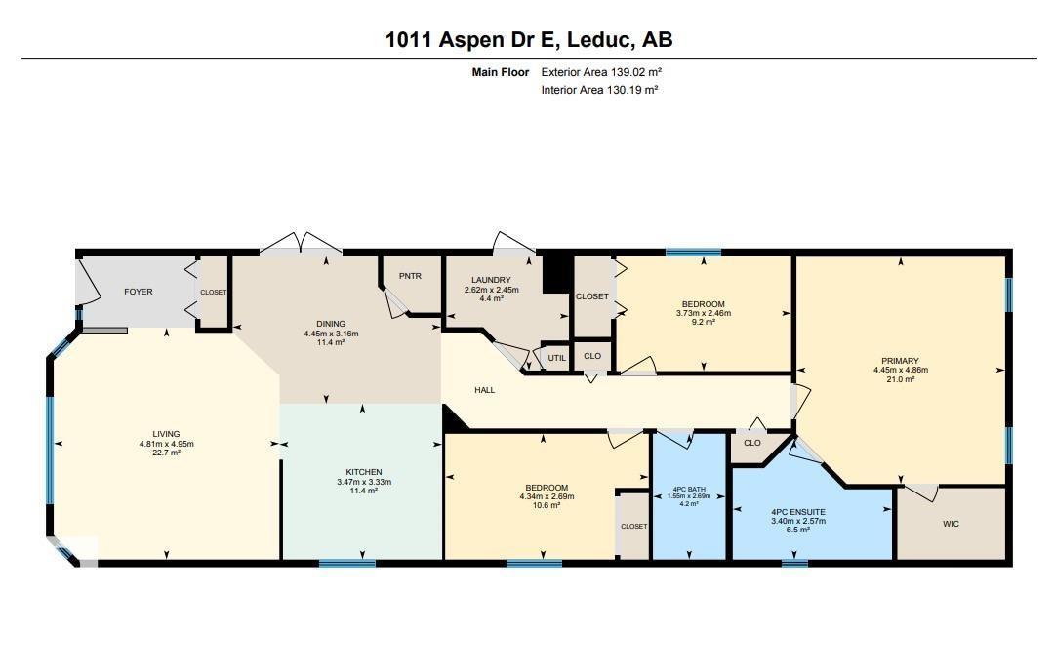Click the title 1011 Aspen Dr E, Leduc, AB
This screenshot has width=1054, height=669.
tap(528, 39)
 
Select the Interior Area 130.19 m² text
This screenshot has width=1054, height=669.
tap(599, 90)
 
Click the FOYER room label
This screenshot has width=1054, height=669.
tap(138, 292)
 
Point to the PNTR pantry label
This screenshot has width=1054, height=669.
tap(410, 276)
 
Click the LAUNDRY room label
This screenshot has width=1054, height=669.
tap(491, 280)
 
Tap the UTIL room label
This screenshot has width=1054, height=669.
tap(556, 358)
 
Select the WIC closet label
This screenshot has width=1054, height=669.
tap(951, 524)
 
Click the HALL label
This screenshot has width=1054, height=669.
tap(485, 390)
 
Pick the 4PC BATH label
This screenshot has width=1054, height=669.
tap(689, 489)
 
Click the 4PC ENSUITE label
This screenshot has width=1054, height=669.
tap(797, 511)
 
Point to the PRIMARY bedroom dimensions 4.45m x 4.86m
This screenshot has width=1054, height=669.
tap(900, 370)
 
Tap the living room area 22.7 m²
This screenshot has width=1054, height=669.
tap(166, 453)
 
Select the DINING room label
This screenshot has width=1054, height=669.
tap(331, 324)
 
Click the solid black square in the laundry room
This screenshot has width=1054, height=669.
tap(555, 273)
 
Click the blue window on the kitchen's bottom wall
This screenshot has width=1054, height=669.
tap(347, 563)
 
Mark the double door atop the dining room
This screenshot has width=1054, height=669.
tap(301, 242)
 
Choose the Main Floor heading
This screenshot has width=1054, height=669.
tap(501, 72)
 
